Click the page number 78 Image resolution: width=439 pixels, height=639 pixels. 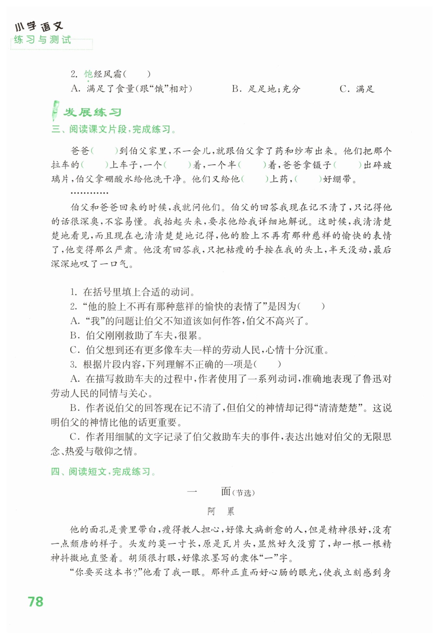pos(35,602)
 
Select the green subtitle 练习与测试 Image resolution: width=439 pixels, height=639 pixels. pos(43,40)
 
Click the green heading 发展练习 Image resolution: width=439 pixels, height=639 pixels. pos(92,112)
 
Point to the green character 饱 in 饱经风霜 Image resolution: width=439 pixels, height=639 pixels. pos(88,74)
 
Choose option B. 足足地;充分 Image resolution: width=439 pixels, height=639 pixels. pos(266,89)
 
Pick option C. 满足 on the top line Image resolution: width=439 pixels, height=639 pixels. pos(357,89)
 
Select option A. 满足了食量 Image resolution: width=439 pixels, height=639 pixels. pos(131,89)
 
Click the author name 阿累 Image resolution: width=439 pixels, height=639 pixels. pos(221,511)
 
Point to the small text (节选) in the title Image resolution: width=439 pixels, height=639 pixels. pos(244,493)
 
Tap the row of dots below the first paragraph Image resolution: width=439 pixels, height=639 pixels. pos(89,193)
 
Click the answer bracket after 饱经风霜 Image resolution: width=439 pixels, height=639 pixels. pos(137,75)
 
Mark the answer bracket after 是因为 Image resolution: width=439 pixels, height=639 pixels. pos(311,306)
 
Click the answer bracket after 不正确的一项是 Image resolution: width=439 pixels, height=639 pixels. pos(267,364)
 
